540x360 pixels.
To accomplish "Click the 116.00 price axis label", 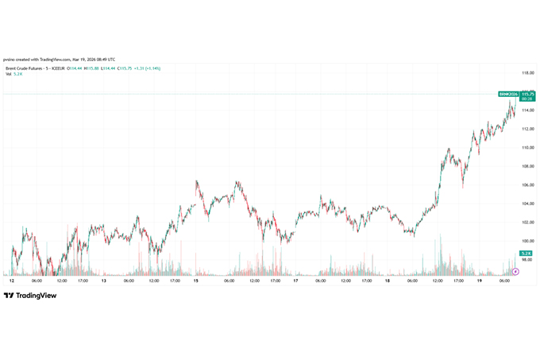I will click(526, 91).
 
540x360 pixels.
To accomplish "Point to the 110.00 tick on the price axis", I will click(526, 147).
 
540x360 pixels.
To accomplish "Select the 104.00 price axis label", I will click(526, 203).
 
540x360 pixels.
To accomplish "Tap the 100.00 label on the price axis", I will click(526, 241).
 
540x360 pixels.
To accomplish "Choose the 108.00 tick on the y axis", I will click(526, 166).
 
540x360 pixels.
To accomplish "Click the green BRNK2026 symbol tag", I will click(507, 94).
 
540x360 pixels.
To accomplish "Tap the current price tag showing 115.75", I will click(526, 94).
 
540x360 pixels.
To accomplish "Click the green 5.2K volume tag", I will click(526, 253).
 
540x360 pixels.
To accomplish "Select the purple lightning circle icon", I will click(515, 271).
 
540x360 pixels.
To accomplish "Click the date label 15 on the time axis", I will click(195, 281).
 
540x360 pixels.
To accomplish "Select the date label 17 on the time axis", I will click(295, 281).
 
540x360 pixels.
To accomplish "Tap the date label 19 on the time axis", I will click(479, 281).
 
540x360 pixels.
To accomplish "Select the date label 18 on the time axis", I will click(387, 281).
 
